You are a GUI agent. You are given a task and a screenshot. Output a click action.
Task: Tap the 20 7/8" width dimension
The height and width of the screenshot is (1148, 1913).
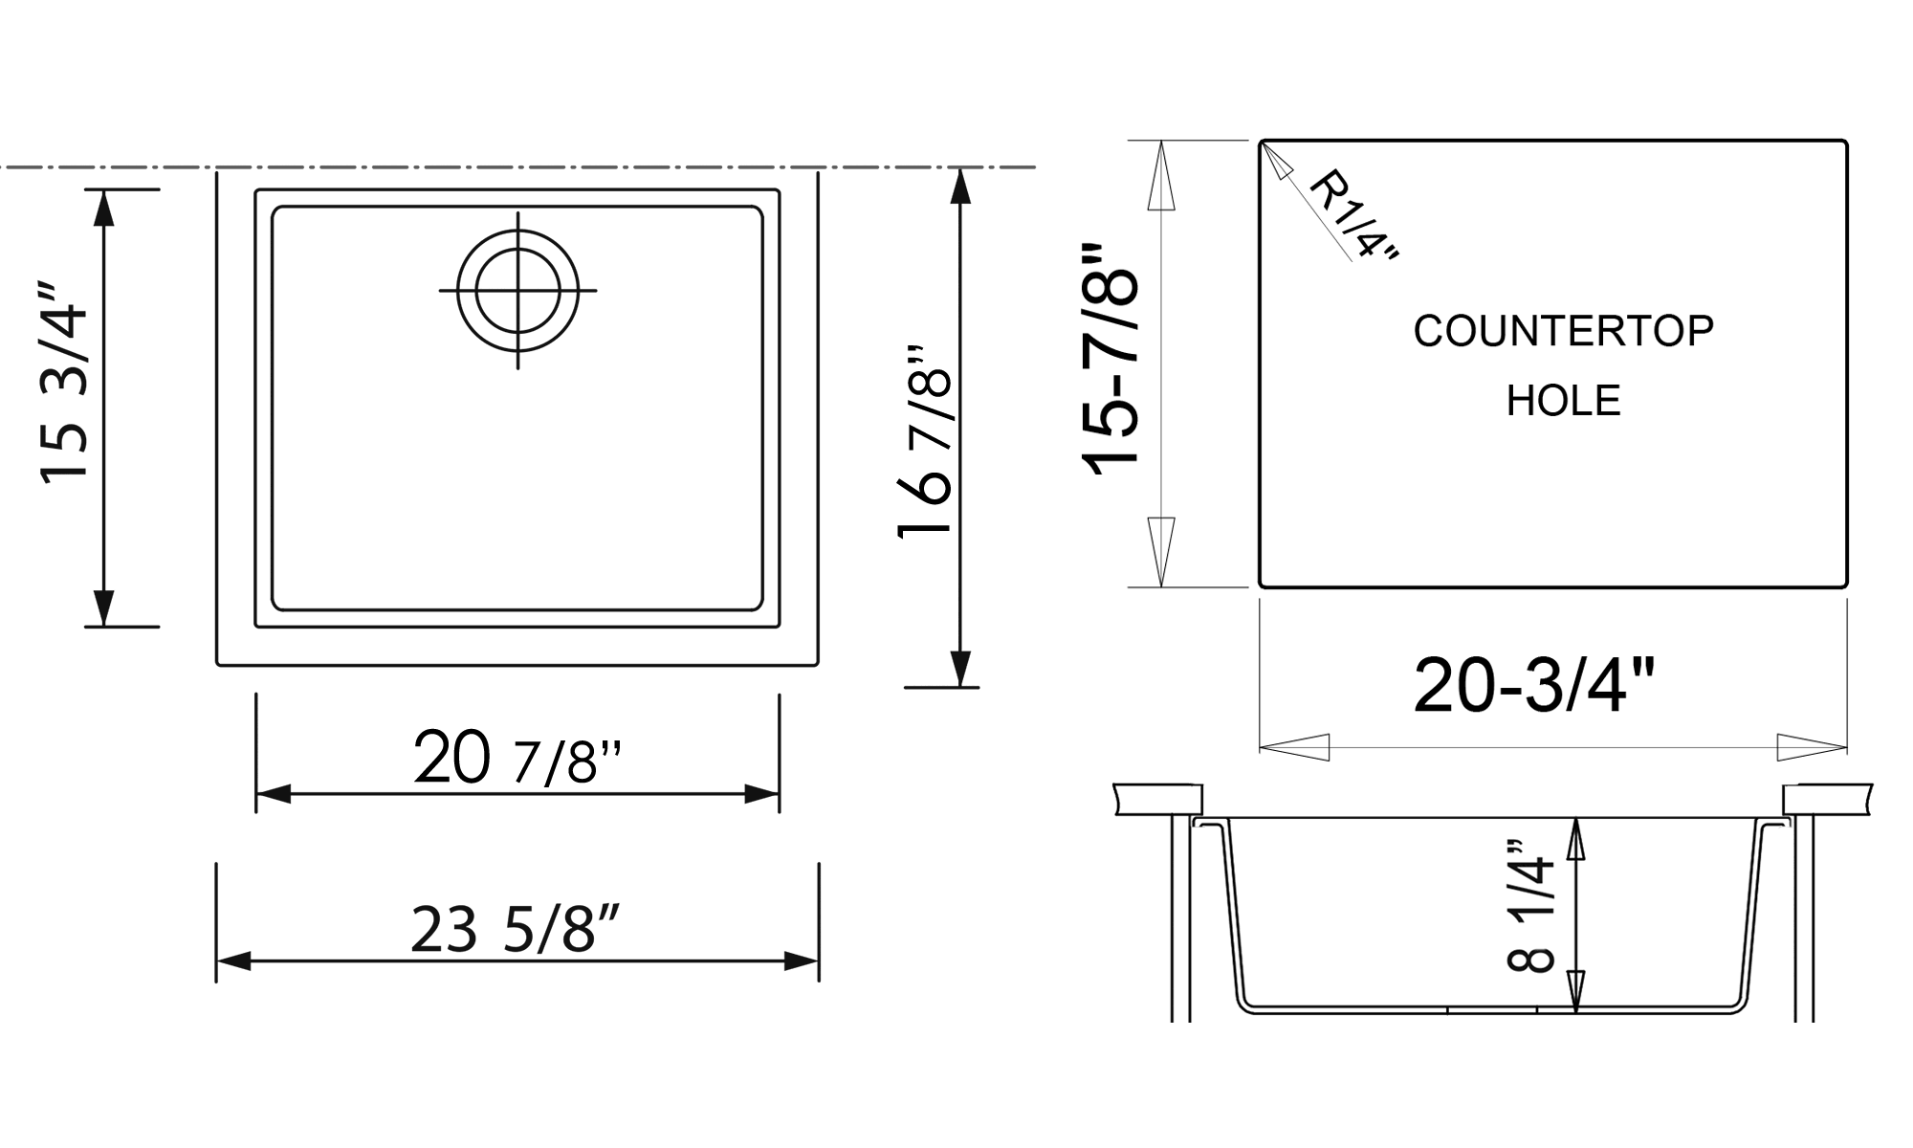(x=517, y=758)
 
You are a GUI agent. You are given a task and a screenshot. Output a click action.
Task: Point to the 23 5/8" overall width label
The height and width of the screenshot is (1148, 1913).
(x=516, y=929)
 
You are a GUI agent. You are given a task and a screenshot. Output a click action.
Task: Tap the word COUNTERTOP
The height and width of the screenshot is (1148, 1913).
(x=1563, y=331)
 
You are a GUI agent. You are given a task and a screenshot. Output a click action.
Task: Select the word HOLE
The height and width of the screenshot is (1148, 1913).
(x=1563, y=401)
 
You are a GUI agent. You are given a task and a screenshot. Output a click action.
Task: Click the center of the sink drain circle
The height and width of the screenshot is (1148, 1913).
(x=517, y=290)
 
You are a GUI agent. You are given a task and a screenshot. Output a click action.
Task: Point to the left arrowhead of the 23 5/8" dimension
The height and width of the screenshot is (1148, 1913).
(x=232, y=961)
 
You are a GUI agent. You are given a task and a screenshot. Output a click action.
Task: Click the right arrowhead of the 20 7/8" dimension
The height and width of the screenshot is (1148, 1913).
(x=763, y=794)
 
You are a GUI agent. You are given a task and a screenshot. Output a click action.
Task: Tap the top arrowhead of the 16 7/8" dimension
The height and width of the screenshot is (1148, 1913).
(x=961, y=186)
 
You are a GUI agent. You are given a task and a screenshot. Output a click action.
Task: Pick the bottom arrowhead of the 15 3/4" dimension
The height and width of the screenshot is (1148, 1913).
(x=104, y=608)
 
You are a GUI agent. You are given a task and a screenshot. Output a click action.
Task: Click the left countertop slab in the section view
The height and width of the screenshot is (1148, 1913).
(x=1157, y=800)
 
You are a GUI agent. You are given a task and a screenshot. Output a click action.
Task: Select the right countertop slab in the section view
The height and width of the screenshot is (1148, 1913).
(x=1826, y=800)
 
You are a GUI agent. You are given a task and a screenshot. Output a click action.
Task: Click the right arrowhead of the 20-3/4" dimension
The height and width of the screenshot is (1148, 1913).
(x=1811, y=747)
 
